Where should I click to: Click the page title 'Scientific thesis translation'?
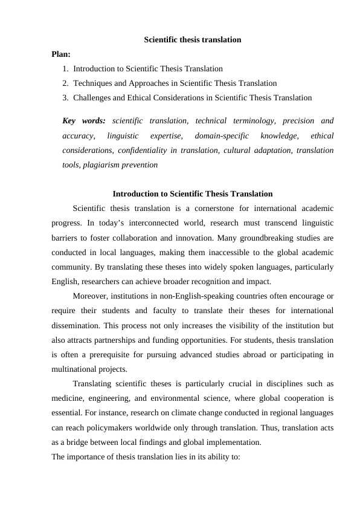[193, 40]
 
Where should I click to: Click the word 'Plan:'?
[62, 54]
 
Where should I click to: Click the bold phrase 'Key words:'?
[84, 121]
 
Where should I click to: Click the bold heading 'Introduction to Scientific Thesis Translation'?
[193, 194]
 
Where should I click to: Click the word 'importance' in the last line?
[88, 456]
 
